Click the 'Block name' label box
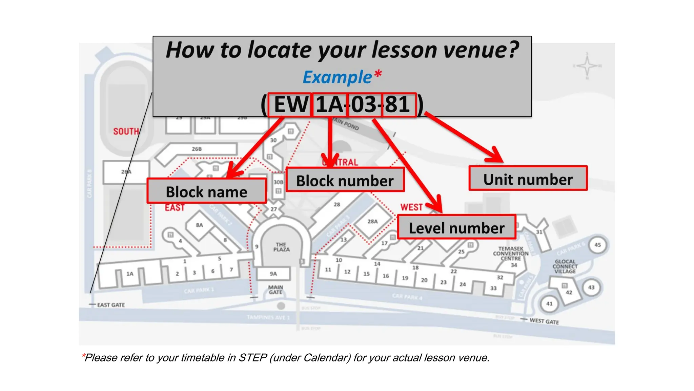[206, 191]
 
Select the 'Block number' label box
[345, 180]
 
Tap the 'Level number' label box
[456, 227]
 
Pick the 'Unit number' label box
[528, 179]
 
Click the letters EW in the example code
[290, 105]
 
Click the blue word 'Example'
[338, 77]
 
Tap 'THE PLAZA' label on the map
[281, 247]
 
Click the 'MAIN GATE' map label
[275, 290]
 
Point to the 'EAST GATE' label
[111, 305]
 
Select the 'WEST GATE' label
[544, 321]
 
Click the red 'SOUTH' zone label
[126, 131]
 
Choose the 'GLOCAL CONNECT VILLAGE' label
[565, 266]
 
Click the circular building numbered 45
[597, 245]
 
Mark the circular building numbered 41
[549, 303]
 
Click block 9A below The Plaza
[273, 274]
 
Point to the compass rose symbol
[587, 66]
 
